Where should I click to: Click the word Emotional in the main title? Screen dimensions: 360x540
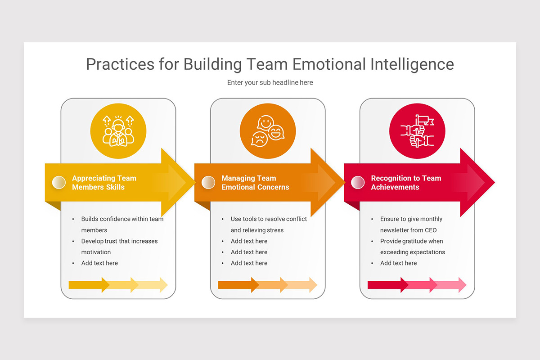coord(328,64)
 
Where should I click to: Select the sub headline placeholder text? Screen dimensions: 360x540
coord(270,83)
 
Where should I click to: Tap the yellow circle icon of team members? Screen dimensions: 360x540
coord(118,131)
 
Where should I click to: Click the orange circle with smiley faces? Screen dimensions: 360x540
coord(268,131)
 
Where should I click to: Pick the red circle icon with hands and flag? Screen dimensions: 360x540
coord(417,131)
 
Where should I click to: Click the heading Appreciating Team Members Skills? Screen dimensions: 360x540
coord(104,183)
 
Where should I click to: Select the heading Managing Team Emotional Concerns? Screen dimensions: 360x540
coord(255,183)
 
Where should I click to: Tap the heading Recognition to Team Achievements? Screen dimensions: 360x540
coord(406,183)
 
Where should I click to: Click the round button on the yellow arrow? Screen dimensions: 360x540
coord(59,182)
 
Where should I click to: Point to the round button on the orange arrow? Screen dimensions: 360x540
coord(208,182)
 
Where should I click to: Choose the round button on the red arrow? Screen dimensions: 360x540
coord(357,182)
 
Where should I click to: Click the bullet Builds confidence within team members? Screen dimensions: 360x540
coord(122,225)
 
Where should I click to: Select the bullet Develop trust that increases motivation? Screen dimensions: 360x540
coord(119,247)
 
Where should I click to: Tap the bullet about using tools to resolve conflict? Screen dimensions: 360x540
coord(269,225)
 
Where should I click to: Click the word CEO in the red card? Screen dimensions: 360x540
coord(431,230)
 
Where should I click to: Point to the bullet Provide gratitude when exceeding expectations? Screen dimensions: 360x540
coord(412,247)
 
